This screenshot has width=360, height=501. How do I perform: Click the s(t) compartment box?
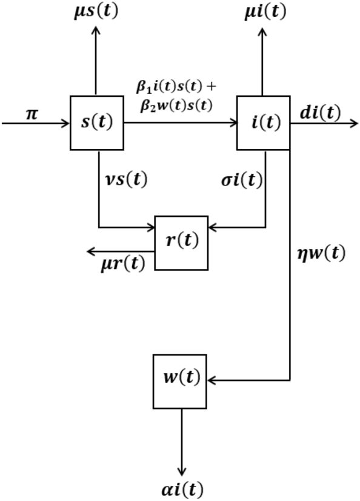click(97, 122)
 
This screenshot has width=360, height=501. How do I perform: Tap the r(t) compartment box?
click(181, 242)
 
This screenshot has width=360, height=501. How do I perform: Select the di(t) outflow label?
click(320, 113)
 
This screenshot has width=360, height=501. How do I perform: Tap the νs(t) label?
click(126, 180)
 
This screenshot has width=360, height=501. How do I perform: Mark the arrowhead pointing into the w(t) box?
click(212, 380)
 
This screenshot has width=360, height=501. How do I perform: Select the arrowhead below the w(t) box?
click(181, 470)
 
